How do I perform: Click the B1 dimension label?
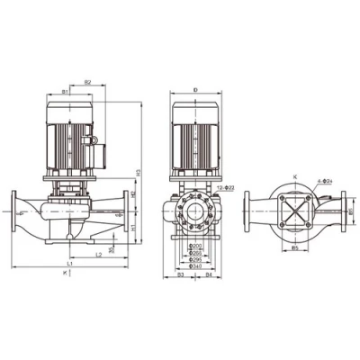[x=66, y=91]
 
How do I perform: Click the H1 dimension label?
[x=133, y=229]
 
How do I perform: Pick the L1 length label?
[x=69, y=262]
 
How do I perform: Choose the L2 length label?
[x=96, y=255]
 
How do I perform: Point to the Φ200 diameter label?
[x=194, y=246]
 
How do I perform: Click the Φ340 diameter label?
[x=194, y=265]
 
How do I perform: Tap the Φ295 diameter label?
[x=194, y=259]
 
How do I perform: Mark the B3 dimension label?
[x=180, y=274]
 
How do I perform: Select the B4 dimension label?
[x=209, y=274]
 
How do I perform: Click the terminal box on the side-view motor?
[x=90, y=142]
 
